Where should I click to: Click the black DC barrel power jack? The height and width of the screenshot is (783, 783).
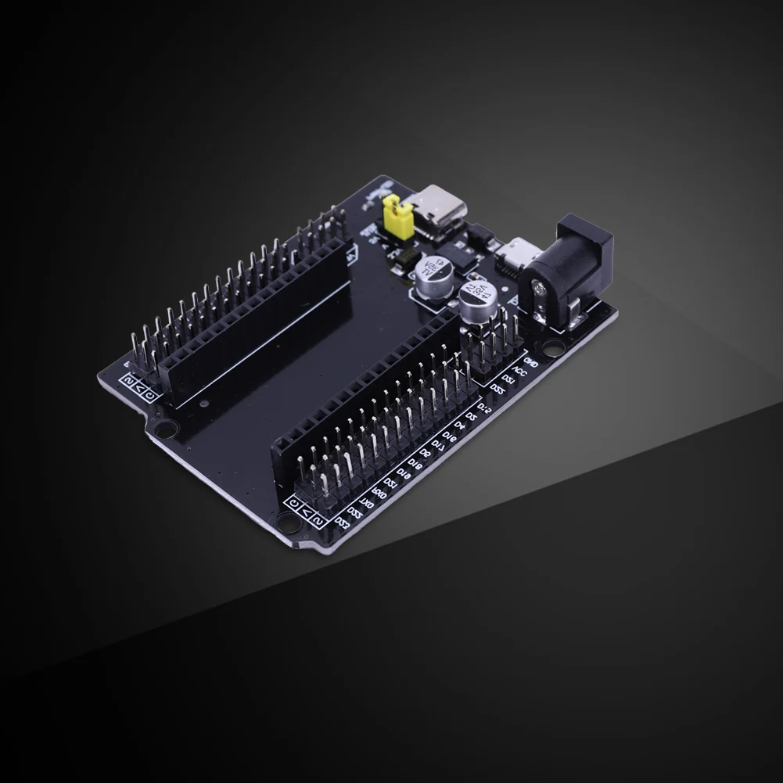(569, 268)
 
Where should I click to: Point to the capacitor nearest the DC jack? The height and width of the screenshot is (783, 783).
(476, 300)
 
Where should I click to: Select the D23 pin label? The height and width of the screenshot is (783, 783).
(357, 512)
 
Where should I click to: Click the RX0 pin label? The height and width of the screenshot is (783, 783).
(379, 493)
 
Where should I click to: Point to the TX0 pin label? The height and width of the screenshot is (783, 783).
(367, 503)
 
